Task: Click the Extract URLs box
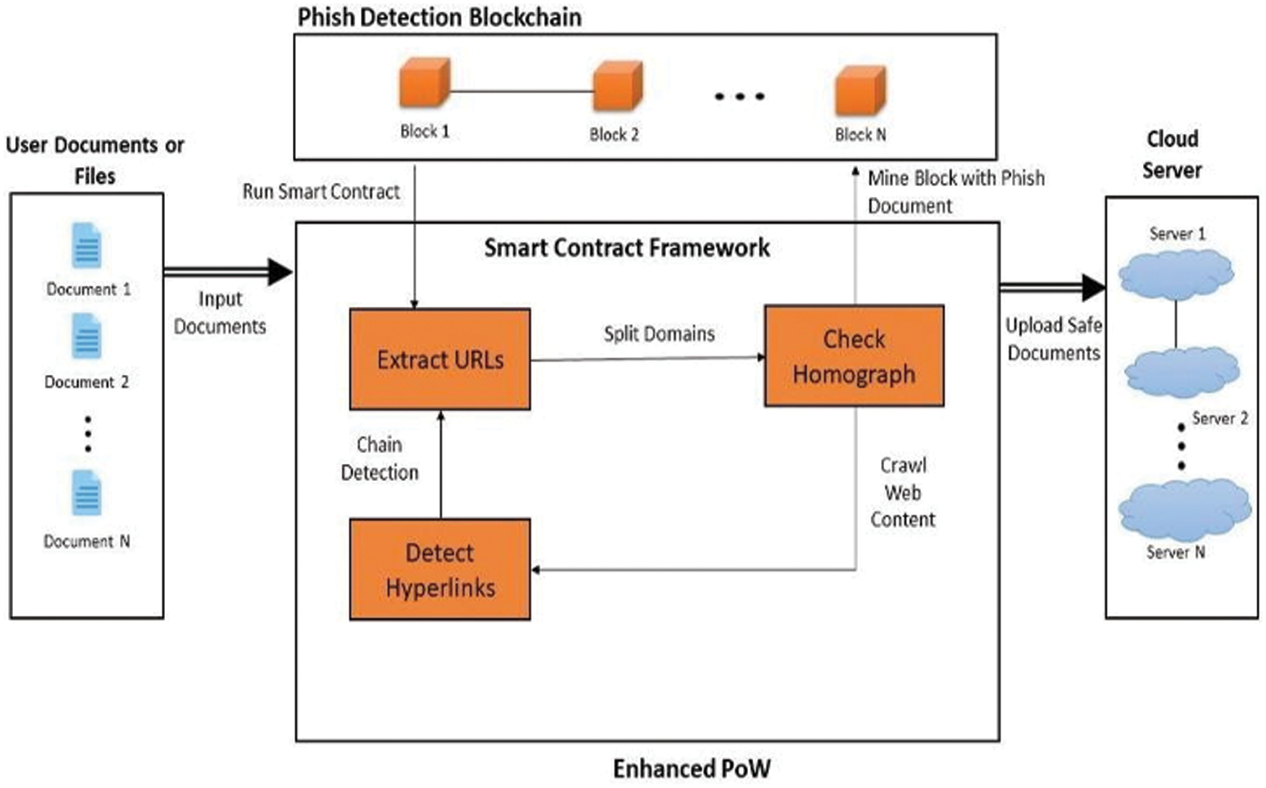pos(440,360)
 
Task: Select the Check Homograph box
pos(854,356)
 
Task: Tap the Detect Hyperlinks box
pos(440,569)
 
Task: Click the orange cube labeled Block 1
pos(425,82)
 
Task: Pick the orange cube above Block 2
pos(617,86)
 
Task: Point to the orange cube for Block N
pos(859,90)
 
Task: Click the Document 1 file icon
pos(87,246)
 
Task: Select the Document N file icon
pos(87,493)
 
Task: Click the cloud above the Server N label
pos(1184,509)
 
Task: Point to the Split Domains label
pos(659,334)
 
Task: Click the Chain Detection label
pos(379,458)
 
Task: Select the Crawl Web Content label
pos(902,492)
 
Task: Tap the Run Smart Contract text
pos(320,192)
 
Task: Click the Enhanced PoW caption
pos(691,768)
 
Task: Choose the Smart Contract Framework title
pos(626,248)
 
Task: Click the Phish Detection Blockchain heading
pos(439,17)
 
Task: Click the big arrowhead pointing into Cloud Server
pos(1092,287)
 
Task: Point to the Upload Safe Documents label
pos(1053,339)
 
